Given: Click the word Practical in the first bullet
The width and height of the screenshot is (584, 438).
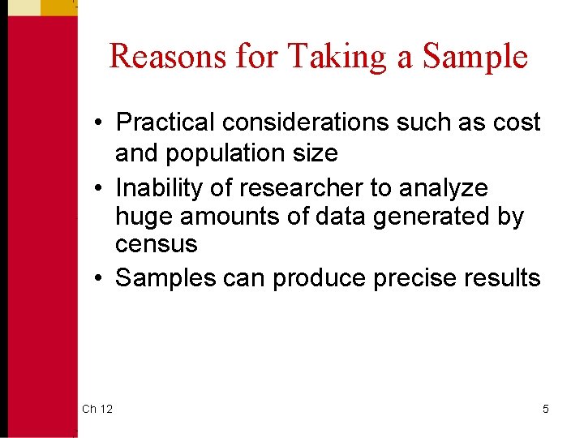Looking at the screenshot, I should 165,122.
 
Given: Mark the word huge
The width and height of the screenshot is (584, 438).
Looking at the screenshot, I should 144,218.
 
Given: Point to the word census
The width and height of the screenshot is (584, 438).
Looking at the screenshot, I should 156,243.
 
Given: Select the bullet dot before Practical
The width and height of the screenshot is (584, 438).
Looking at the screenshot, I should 97,123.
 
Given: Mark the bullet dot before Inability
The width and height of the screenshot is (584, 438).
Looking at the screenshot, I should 97,188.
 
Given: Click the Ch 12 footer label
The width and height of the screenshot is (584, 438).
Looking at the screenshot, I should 97,409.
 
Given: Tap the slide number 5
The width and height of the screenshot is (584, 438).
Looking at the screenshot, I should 545,409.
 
